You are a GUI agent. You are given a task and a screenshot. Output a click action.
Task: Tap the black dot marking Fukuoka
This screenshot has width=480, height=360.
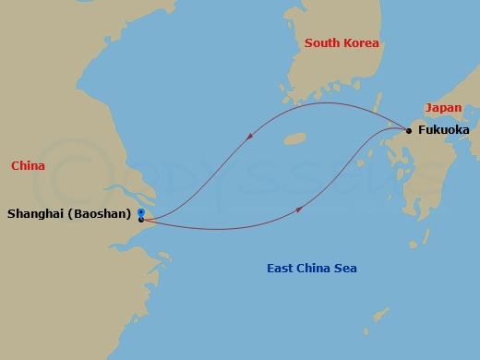point(409,130)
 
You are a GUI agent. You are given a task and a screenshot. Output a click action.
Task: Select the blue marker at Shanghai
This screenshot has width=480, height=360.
point(140,212)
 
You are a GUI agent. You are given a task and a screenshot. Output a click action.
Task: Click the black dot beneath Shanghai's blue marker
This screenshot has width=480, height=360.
point(140,220)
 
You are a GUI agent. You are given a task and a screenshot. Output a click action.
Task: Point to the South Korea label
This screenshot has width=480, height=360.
point(342,43)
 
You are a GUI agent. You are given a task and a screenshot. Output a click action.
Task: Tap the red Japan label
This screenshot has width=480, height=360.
point(443,108)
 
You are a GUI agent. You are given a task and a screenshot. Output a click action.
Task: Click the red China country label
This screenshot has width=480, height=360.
point(29,166)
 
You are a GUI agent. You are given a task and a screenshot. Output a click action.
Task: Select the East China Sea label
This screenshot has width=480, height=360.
point(311,269)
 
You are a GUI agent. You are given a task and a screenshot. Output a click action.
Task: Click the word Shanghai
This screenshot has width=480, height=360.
point(34,214)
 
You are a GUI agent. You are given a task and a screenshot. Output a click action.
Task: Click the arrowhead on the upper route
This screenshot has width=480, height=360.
point(251,136)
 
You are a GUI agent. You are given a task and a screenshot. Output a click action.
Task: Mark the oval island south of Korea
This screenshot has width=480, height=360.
point(294,139)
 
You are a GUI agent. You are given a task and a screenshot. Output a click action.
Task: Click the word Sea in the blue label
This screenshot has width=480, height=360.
point(345,269)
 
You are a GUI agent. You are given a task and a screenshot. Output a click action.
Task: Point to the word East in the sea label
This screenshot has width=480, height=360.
point(281,269)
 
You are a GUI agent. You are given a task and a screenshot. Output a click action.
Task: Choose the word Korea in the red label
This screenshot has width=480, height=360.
point(361,43)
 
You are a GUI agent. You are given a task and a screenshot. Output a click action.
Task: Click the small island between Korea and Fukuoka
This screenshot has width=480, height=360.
point(375,99)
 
